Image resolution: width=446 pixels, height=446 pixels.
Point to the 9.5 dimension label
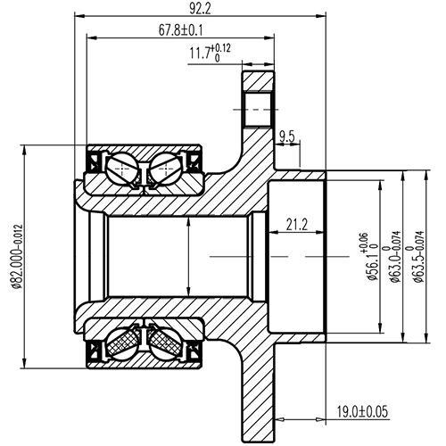click(287, 136)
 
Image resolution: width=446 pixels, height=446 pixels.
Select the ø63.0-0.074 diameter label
click(386, 257)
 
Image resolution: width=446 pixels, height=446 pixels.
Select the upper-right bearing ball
click(165, 166)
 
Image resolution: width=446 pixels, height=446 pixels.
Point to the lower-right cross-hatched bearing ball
click(165, 343)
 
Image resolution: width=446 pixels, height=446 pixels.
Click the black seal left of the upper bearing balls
click(94, 163)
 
